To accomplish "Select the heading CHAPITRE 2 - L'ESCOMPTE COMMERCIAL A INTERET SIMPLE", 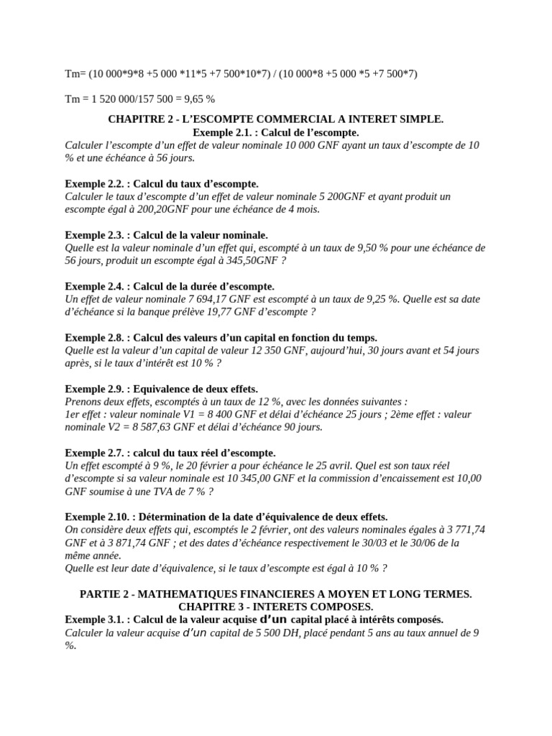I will click(x=275, y=119).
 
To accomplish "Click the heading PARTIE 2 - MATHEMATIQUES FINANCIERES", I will click(x=275, y=593).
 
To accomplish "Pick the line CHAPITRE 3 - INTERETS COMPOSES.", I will click(x=275, y=607).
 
